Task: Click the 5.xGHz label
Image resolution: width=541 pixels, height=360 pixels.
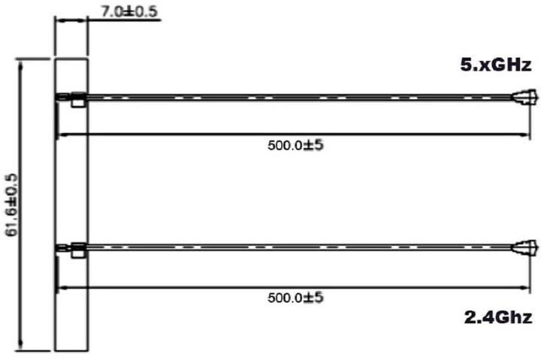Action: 497,65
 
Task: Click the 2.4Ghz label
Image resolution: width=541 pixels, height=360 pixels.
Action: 497,316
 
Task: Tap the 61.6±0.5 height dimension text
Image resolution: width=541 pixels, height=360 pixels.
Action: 11,203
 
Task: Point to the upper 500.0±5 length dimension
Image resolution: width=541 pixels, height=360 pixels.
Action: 295,145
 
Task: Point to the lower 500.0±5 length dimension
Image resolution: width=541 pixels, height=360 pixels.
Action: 295,298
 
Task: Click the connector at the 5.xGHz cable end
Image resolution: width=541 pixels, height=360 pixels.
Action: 524,98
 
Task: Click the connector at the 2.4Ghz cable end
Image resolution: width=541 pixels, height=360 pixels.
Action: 524,247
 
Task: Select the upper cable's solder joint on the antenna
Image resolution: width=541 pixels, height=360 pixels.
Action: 74,98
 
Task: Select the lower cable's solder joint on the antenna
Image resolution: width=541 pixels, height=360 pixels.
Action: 74,248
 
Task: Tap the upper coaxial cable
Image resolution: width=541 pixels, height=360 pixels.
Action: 301,98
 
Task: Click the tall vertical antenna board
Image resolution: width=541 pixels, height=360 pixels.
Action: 72,188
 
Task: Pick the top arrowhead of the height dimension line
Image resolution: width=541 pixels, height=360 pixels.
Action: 23,62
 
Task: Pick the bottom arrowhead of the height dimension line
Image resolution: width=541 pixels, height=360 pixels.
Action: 23,346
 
